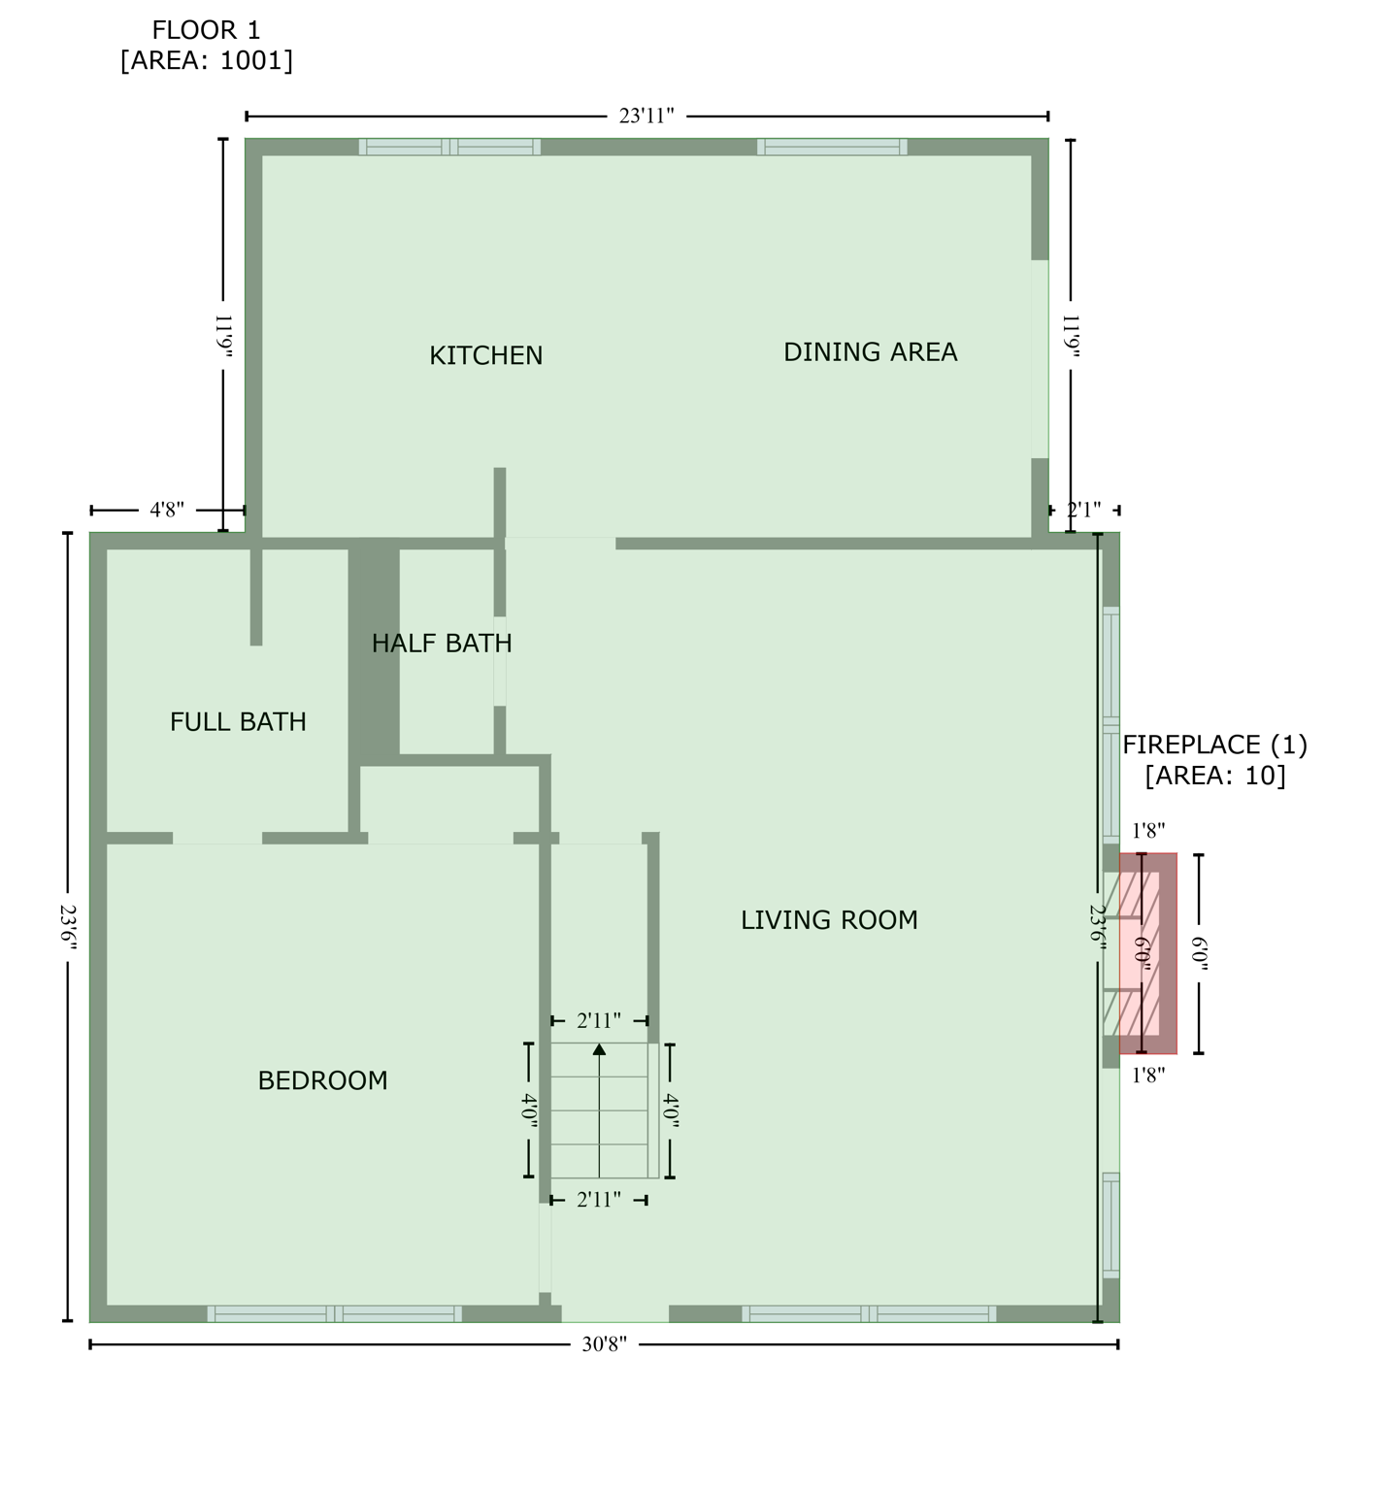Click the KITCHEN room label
(x=485, y=355)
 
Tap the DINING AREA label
(x=870, y=351)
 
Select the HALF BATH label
(x=442, y=643)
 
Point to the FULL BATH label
(x=238, y=721)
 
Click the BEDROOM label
(x=322, y=1080)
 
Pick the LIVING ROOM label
(x=829, y=919)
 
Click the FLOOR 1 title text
(x=206, y=30)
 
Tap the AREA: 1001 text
(x=206, y=60)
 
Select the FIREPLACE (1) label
(x=1214, y=745)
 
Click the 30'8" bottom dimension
(x=604, y=1344)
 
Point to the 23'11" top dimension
(x=646, y=116)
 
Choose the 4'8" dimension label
(x=167, y=510)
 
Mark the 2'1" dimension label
(x=1083, y=510)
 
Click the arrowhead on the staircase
(x=599, y=1049)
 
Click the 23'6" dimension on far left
(x=67, y=928)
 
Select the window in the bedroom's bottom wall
(x=334, y=1313)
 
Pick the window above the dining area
(x=832, y=148)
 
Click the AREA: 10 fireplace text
(x=1214, y=776)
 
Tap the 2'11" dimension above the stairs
(x=599, y=1020)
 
